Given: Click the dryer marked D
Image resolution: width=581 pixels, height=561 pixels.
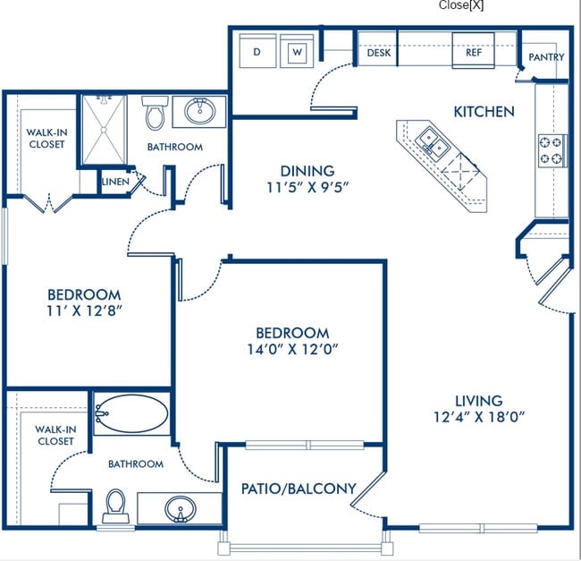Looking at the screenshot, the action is (x=257, y=51).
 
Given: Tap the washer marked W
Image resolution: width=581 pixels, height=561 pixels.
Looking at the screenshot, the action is (x=297, y=51).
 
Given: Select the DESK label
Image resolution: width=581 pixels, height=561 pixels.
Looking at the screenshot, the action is (x=379, y=53).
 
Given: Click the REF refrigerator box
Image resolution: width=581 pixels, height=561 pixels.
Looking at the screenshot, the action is (x=473, y=50).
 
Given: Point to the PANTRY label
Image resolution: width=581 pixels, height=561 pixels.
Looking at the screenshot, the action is (x=546, y=57).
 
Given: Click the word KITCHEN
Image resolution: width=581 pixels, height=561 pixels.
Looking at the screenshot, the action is (x=484, y=111).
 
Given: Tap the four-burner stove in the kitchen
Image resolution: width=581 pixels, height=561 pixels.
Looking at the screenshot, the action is (x=552, y=150).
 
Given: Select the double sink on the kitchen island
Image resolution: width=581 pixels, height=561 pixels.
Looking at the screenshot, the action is (x=433, y=141).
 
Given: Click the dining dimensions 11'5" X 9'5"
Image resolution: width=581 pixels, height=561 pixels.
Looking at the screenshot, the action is (x=307, y=187).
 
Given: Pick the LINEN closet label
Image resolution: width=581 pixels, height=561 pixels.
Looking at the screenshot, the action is (x=115, y=182).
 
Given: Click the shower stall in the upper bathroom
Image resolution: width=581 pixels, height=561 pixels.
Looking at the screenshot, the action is (x=104, y=130).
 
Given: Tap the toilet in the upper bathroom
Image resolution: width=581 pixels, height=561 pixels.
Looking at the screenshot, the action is (x=155, y=113).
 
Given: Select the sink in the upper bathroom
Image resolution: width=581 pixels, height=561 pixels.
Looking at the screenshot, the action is (x=199, y=111).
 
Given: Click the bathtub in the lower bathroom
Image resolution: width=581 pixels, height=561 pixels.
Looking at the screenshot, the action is (x=131, y=413).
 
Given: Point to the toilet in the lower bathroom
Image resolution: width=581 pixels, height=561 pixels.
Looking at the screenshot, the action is (x=115, y=506).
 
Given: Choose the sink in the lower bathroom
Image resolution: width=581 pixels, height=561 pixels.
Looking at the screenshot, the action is (x=181, y=509).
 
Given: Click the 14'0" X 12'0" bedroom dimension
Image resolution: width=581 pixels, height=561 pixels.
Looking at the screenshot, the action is (x=292, y=349).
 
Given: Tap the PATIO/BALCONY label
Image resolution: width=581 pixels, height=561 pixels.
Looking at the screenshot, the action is (x=299, y=489).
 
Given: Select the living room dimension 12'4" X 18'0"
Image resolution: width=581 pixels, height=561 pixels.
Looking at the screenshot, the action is (x=479, y=417).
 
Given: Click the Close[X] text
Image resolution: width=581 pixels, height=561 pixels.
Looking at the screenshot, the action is (x=461, y=5).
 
